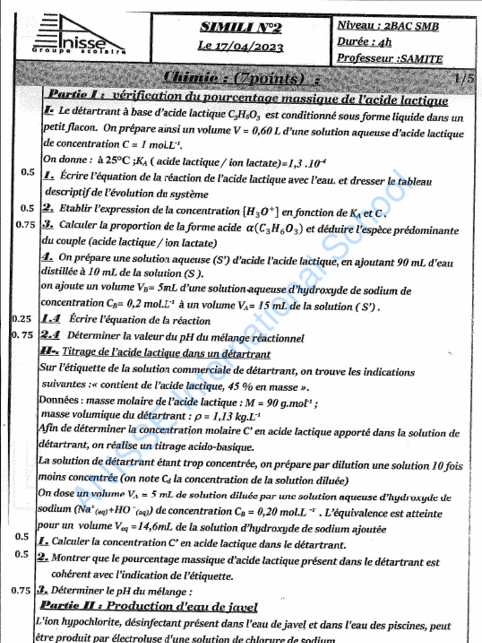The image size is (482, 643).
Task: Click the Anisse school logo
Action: (x=79, y=36)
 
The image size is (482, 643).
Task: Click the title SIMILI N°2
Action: (x=241, y=27)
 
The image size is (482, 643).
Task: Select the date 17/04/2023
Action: (x=249, y=46)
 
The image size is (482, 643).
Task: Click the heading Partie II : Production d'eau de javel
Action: (x=149, y=607)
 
